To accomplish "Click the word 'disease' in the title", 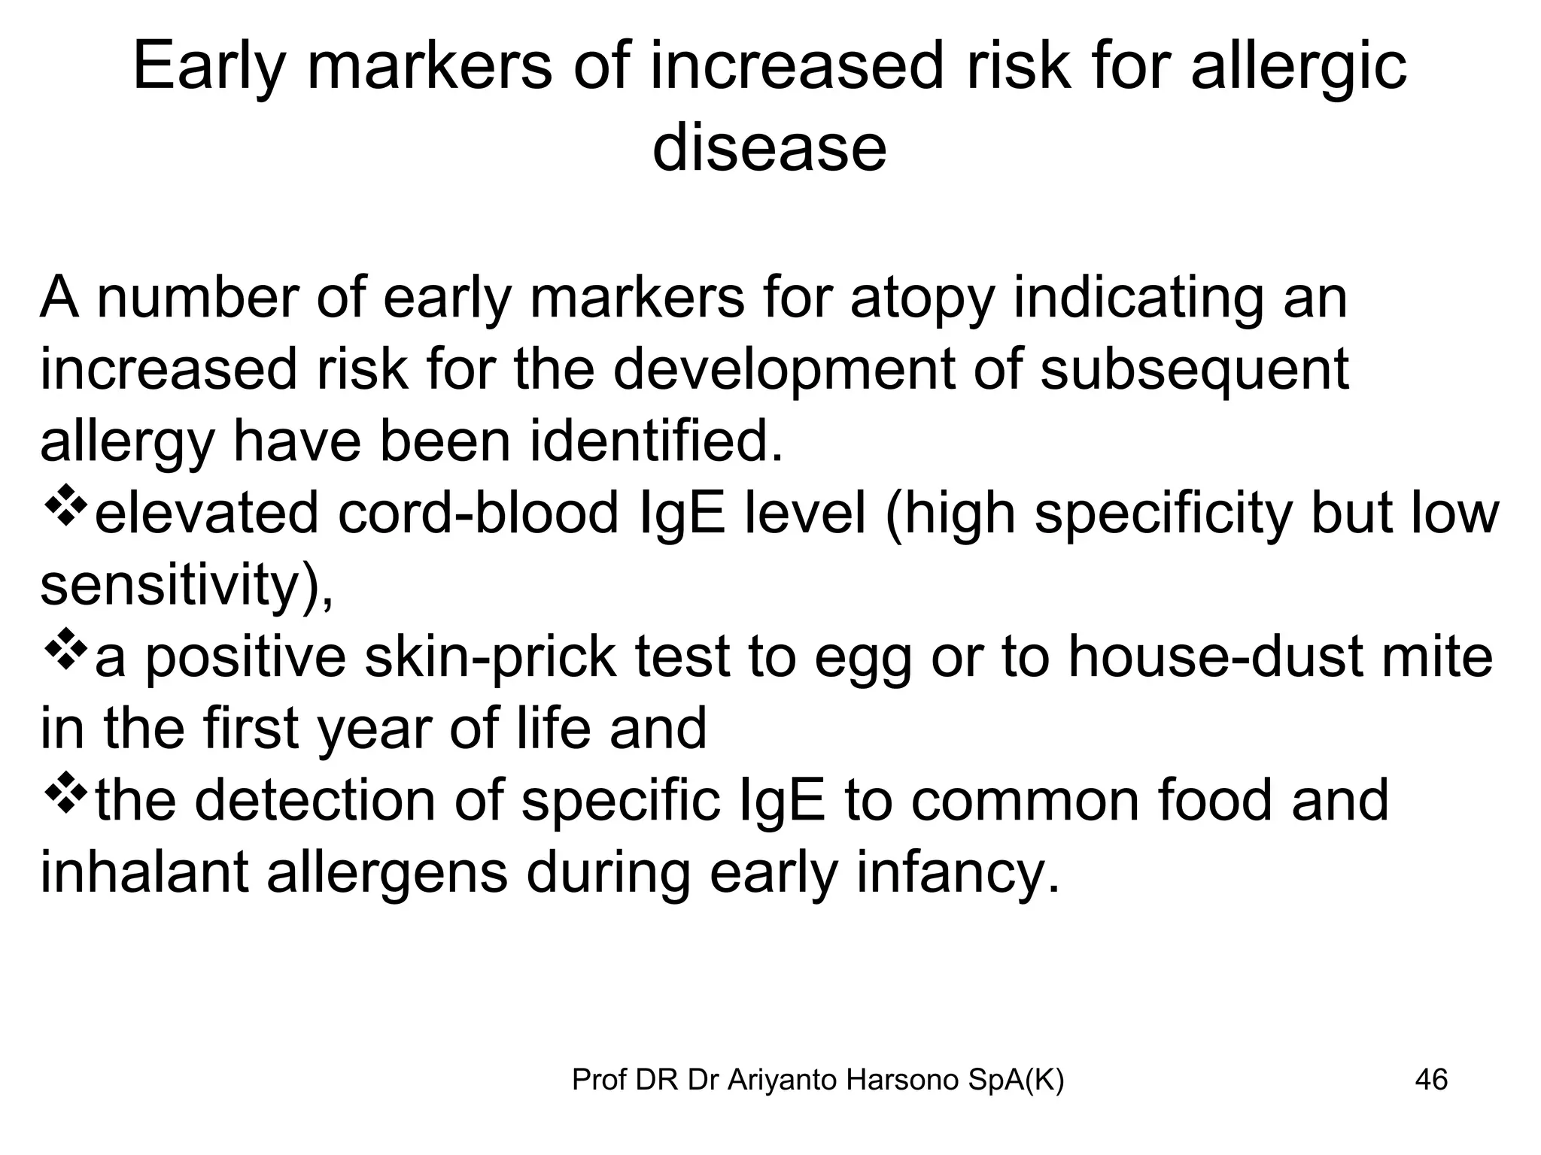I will (769, 147).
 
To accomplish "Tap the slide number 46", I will (1431, 1080).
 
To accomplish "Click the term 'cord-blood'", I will (479, 514).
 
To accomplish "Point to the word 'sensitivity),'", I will (187, 586).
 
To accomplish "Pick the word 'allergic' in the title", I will (1299, 68).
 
